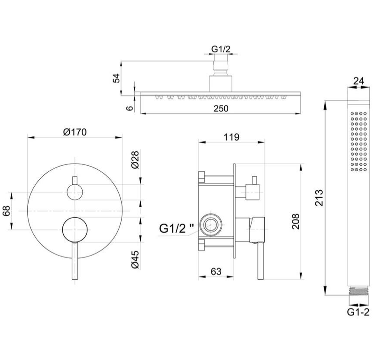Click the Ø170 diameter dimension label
coord(75,132)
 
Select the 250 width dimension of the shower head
coord(221,109)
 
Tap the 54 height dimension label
coord(116,78)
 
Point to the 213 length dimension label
coord(319,198)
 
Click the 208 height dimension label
coord(295,221)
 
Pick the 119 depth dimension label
coord(231,137)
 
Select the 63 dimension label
coord(216,272)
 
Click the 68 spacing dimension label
coord(7,211)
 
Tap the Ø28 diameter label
coord(135,160)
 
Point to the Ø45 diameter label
coord(135,260)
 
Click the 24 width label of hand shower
coord(359,81)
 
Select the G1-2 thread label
coord(358,312)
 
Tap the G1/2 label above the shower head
coord(221,49)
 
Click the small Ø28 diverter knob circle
coord(75,192)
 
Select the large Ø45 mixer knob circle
coord(75,229)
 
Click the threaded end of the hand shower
coord(359,291)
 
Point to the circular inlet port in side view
coord(211,225)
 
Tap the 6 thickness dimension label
coord(130,108)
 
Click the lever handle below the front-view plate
coord(75,261)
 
